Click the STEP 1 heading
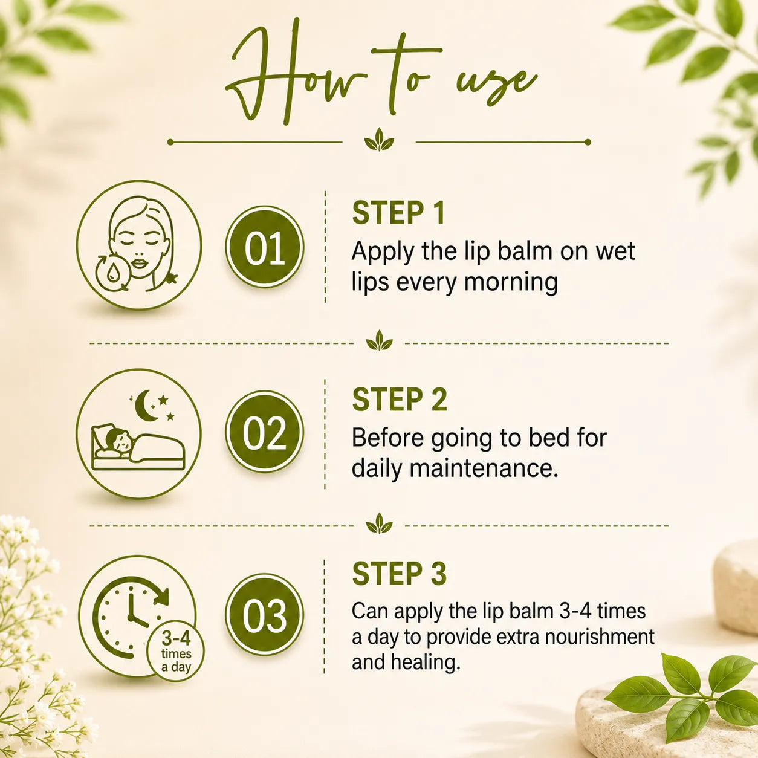[x=398, y=213]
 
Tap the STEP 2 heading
[x=400, y=400]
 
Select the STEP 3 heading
[x=400, y=574]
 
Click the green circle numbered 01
[x=265, y=247]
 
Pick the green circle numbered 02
[x=265, y=432]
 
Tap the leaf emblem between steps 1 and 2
[x=379, y=341]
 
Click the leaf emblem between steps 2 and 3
[x=379, y=523]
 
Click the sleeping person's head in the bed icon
[x=119, y=441]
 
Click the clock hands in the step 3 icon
[x=134, y=609]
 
